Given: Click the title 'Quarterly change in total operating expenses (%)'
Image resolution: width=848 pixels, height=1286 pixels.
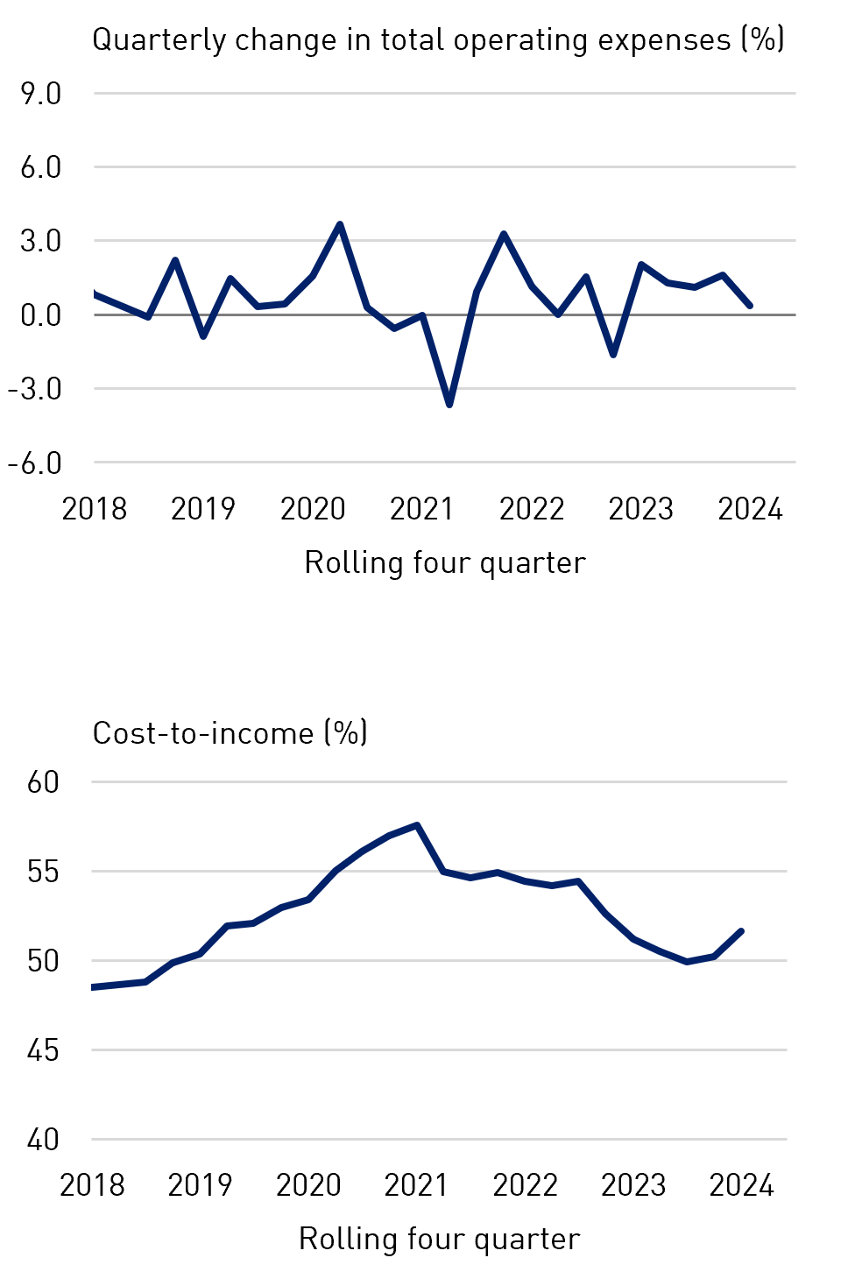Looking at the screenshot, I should pyautogui.click(x=438, y=40).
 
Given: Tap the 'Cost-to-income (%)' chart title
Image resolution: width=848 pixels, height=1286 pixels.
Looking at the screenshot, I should pyautogui.click(x=230, y=732).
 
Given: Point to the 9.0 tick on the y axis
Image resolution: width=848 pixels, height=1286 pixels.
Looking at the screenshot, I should pyautogui.click(x=41, y=93).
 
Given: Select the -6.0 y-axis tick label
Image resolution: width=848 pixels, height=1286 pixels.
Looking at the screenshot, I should pyautogui.click(x=35, y=463).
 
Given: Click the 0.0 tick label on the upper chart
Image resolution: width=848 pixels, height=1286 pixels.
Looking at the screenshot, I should pyautogui.click(x=41, y=314).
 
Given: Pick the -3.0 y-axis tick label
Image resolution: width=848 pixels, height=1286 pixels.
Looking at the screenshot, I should pyautogui.click(x=35, y=388).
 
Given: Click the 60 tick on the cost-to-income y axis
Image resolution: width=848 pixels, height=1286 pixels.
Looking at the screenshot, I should pyautogui.click(x=43, y=781).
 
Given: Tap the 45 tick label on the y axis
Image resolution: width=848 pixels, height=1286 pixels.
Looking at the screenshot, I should pyautogui.click(x=43, y=1049).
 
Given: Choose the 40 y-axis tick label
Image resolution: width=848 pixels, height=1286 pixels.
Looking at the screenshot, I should pyautogui.click(x=43, y=1140).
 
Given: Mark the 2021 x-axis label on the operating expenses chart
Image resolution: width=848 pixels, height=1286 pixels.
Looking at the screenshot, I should pyautogui.click(x=422, y=509).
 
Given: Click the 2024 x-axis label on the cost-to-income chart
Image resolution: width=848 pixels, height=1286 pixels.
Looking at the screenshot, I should pyautogui.click(x=742, y=1185).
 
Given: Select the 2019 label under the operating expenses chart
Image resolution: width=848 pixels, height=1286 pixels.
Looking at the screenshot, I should pyautogui.click(x=203, y=509).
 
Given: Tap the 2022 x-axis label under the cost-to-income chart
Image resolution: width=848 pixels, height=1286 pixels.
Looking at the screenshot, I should pyautogui.click(x=525, y=1185).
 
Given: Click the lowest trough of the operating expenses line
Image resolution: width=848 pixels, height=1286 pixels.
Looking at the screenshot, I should pyautogui.click(x=449, y=405).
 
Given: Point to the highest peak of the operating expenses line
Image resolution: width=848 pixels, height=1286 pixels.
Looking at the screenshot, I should pyautogui.click(x=340, y=224).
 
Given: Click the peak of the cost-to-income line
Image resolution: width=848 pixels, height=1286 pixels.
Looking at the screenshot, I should pyautogui.click(x=417, y=825).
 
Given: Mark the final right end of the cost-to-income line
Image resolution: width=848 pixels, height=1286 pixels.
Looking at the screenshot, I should pyautogui.click(x=742, y=931).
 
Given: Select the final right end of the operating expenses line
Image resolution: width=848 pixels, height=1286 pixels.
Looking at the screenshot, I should pyautogui.click(x=750, y=306).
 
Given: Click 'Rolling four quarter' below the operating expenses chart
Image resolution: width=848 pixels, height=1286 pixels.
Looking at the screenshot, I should pyautogui.click(x=444, y=562).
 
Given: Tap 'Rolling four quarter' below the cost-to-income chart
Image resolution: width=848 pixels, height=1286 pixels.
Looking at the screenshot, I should pyautogui.click(x=439, y=1239).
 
